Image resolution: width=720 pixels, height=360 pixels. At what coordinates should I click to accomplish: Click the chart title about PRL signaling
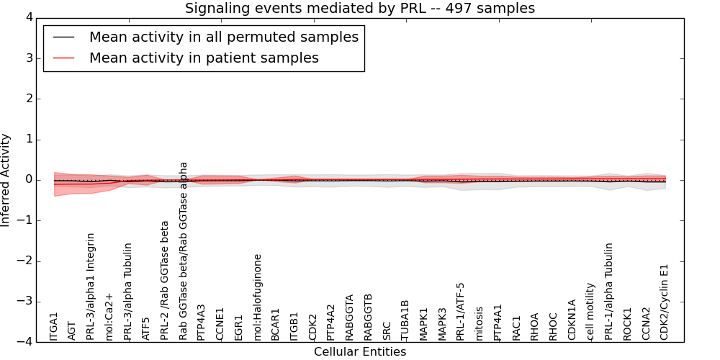[360, 9]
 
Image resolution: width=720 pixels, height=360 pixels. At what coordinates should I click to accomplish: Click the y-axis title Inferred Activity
[6, 180]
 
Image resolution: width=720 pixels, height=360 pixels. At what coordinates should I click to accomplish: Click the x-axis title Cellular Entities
[360, 352]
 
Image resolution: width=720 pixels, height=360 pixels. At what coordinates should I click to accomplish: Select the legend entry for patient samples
[204, 58]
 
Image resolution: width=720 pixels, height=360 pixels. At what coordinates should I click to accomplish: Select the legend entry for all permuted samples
[223, 37]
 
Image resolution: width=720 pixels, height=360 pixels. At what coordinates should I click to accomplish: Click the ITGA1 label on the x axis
[53, 325]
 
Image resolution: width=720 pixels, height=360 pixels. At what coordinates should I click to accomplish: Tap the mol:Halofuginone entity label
[258, 296]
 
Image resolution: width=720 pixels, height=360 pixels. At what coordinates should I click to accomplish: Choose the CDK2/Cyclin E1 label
[665, 301]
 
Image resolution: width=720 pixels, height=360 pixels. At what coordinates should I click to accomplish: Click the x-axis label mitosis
[480, 323]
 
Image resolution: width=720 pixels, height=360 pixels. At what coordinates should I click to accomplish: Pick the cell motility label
[590, 310]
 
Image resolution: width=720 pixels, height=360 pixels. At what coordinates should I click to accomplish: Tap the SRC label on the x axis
[387, 330]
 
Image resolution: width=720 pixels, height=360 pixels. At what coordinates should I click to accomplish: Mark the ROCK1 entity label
[627, 324]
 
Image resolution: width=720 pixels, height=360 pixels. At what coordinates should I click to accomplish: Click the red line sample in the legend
[63, 58]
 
